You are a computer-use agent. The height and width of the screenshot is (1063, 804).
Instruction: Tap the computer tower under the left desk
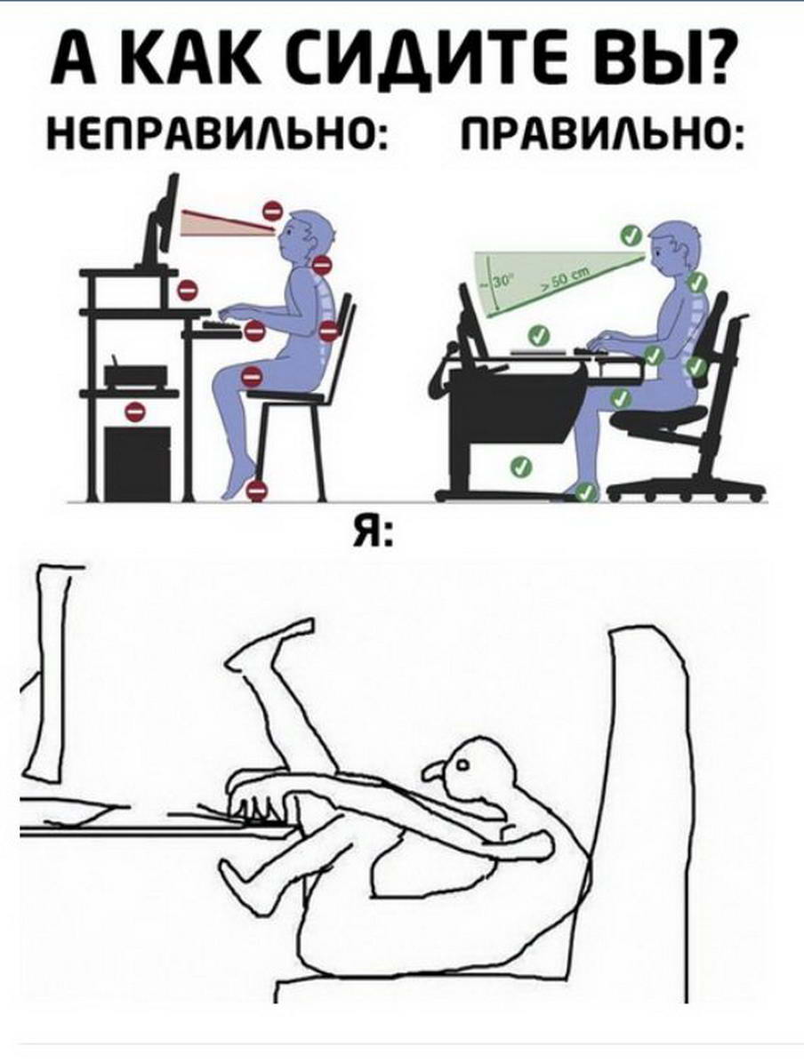138,464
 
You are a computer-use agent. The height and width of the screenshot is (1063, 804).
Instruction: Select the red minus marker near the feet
256,490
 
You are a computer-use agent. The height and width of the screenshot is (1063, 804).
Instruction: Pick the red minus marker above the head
272,210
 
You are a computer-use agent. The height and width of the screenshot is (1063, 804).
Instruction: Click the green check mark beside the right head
631,236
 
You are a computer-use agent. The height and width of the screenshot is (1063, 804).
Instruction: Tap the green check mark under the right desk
519,466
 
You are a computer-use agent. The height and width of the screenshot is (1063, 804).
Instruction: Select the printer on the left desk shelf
136,376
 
